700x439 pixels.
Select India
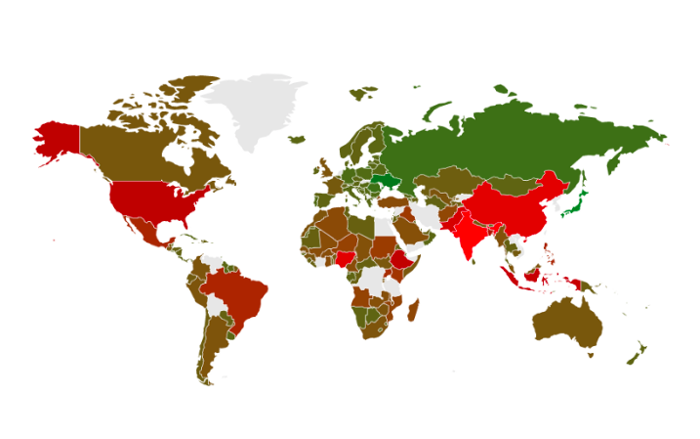[468, 235]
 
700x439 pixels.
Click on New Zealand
[636, 354]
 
